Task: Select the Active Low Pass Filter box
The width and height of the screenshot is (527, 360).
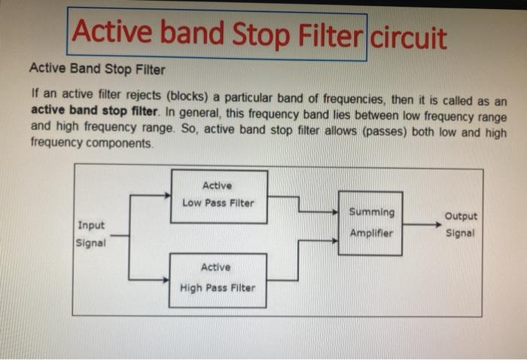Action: point(218,196)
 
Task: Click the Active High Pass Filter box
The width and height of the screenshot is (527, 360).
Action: point(217,279)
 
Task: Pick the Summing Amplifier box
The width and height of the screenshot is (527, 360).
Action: point(371,223)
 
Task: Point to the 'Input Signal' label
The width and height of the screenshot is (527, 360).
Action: point(91,234)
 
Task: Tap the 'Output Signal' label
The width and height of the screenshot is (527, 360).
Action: point(461,224)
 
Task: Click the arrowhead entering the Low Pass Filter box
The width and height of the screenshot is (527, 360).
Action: point(167,197)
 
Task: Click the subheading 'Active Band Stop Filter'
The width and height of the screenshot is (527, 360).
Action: point(97,69)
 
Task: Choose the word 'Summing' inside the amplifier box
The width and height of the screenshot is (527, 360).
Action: point(371,212)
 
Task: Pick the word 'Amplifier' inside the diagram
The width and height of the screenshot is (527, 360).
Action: point(371,233)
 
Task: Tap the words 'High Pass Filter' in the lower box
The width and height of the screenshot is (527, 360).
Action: point(217,288)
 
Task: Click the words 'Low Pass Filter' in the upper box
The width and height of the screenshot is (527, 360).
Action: point(218,203)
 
